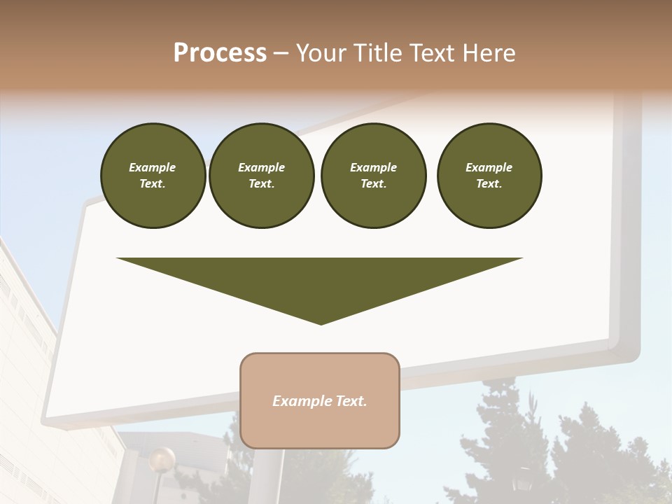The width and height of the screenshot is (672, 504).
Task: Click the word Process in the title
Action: (x=220, y=53)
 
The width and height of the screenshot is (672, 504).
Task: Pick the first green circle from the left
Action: (x=153, y=176)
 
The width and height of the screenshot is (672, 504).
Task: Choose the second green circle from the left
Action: (x=261, y=176)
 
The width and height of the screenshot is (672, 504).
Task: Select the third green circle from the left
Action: (x=373, y=176)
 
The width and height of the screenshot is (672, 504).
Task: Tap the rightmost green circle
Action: (x=489, y=176)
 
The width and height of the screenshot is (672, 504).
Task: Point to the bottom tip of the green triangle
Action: (x=321, y=323)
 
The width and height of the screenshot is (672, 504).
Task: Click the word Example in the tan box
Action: (x=297, y=401)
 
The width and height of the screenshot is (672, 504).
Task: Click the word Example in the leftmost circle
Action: (x=153, y=167)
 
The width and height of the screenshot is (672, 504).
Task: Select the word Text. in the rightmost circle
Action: (x=489, y=184)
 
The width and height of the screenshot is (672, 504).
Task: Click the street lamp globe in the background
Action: (x=162, y=458)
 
